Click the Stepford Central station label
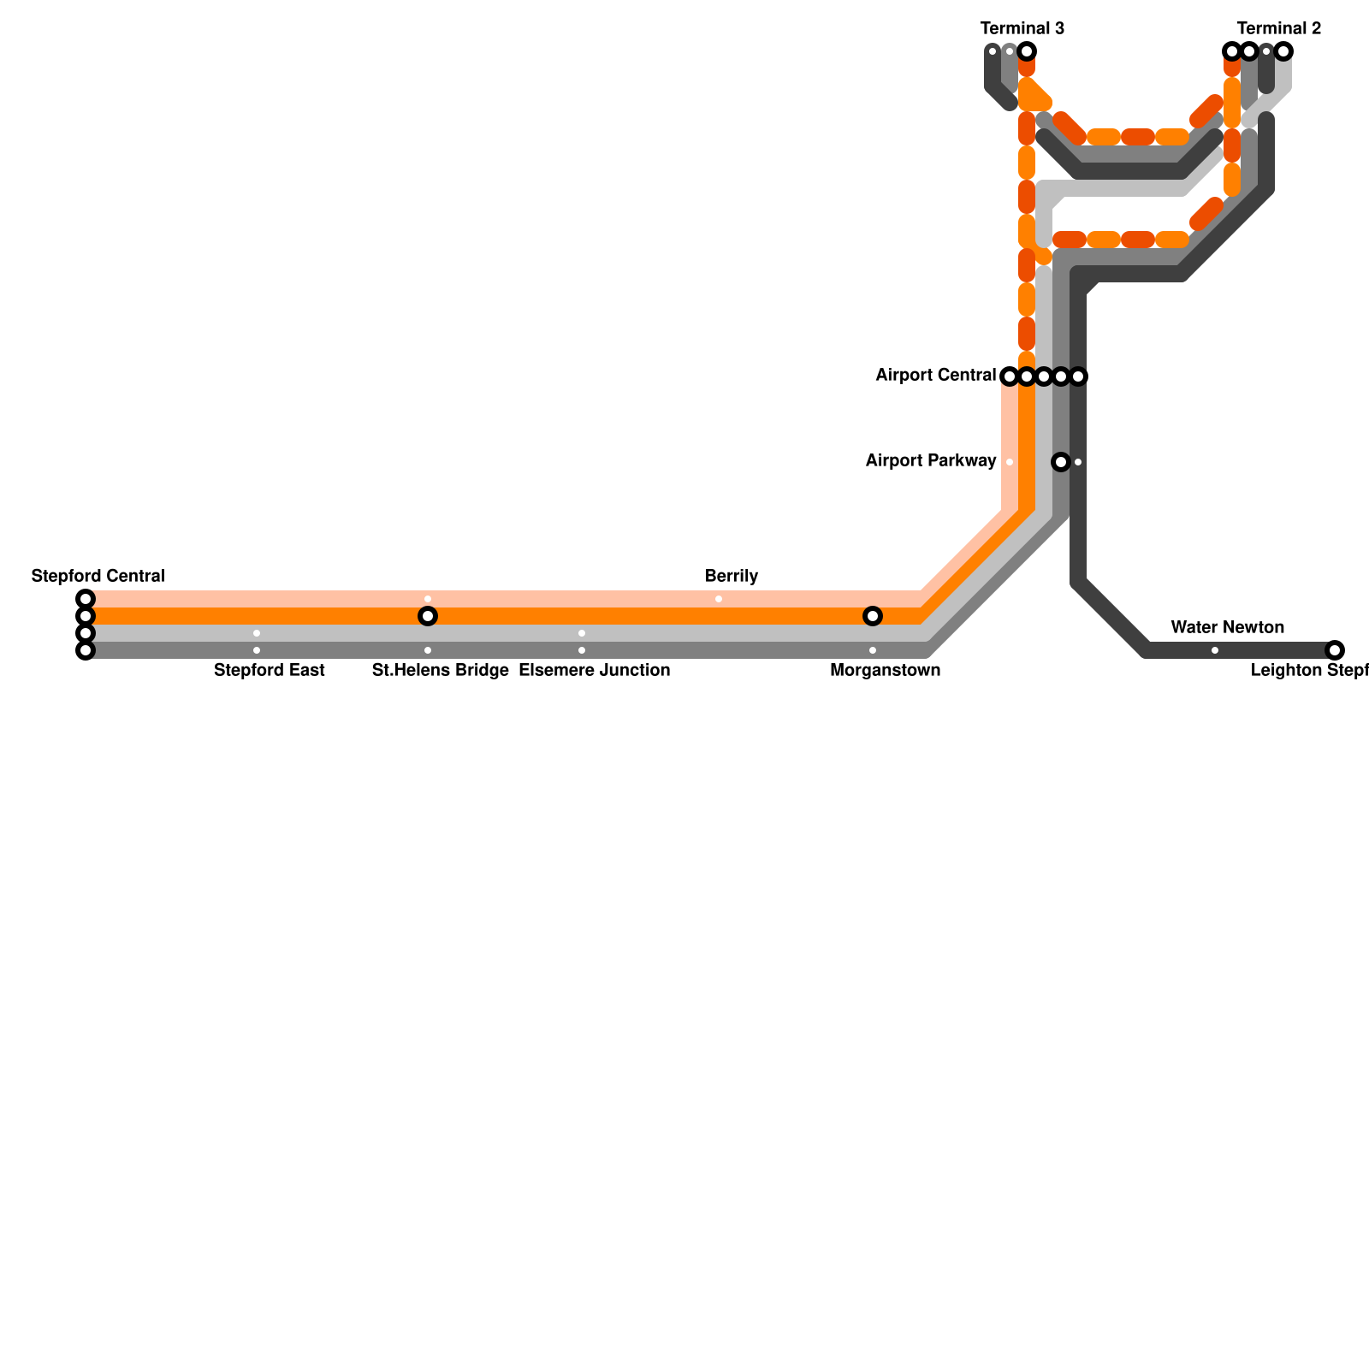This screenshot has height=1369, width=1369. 98,576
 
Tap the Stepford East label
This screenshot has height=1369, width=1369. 269,670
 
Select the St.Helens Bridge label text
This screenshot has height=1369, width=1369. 440,670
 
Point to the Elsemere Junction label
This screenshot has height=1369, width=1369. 594,670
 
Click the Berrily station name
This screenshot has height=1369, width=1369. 731,576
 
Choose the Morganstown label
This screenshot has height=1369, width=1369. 885,670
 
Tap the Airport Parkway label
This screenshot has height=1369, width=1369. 930,461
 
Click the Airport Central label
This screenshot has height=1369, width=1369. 935,376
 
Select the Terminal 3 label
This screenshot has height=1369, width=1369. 1022,28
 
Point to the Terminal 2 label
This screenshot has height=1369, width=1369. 1278,28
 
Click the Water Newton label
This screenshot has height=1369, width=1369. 1227,627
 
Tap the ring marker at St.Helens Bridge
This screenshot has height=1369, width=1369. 428,616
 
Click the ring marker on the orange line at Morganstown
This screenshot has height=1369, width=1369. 873,616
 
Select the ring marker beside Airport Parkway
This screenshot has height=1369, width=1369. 1061,462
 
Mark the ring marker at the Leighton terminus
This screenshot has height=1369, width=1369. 1335,650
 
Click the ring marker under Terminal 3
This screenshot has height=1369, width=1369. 1027,51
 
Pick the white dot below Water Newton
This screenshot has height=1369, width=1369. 1215,650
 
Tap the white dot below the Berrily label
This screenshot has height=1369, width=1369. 719,599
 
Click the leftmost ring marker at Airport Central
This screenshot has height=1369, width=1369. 1010,376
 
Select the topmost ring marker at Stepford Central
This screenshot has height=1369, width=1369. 86,599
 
